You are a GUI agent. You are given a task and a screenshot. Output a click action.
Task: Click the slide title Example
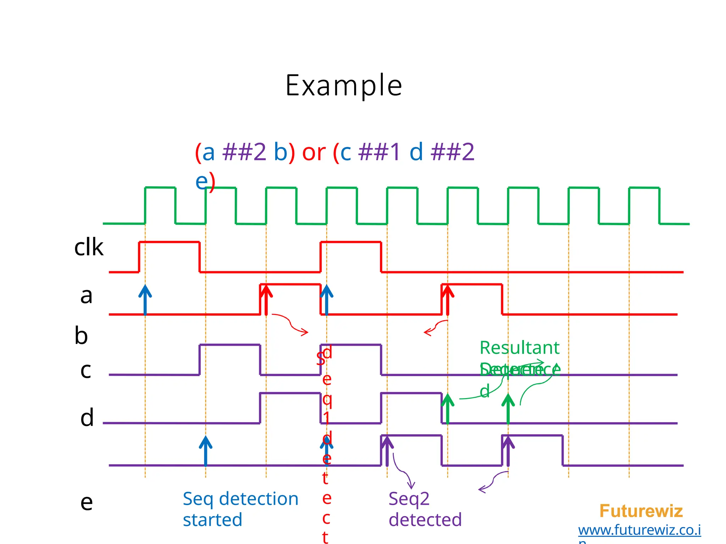pos(344,86)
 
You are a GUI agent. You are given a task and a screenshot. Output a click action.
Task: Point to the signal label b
pos(81,335)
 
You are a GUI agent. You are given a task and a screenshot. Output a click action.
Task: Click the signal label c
pos(86,370)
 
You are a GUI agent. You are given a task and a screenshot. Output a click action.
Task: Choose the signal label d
pos(87,418)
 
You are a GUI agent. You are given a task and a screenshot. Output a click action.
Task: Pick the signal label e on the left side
pos(86,502)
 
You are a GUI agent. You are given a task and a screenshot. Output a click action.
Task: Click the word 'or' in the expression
pos(314,152)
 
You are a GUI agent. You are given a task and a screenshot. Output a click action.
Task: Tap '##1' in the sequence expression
pos(379,152)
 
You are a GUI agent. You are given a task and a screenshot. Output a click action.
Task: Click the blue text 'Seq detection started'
pos(240,509)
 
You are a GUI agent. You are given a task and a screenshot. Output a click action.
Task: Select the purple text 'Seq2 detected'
pos(425,509)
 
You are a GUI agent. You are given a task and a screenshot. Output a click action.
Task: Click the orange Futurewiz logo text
pos(641,511)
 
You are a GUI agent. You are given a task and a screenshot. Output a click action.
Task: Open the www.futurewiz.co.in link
pos(639,530)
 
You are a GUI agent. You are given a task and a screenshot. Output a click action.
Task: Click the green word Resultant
pos(519,348)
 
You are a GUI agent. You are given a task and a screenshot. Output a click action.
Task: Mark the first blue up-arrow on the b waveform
pos(145,299)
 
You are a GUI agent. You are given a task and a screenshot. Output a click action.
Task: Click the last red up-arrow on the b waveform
pos(448,299)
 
